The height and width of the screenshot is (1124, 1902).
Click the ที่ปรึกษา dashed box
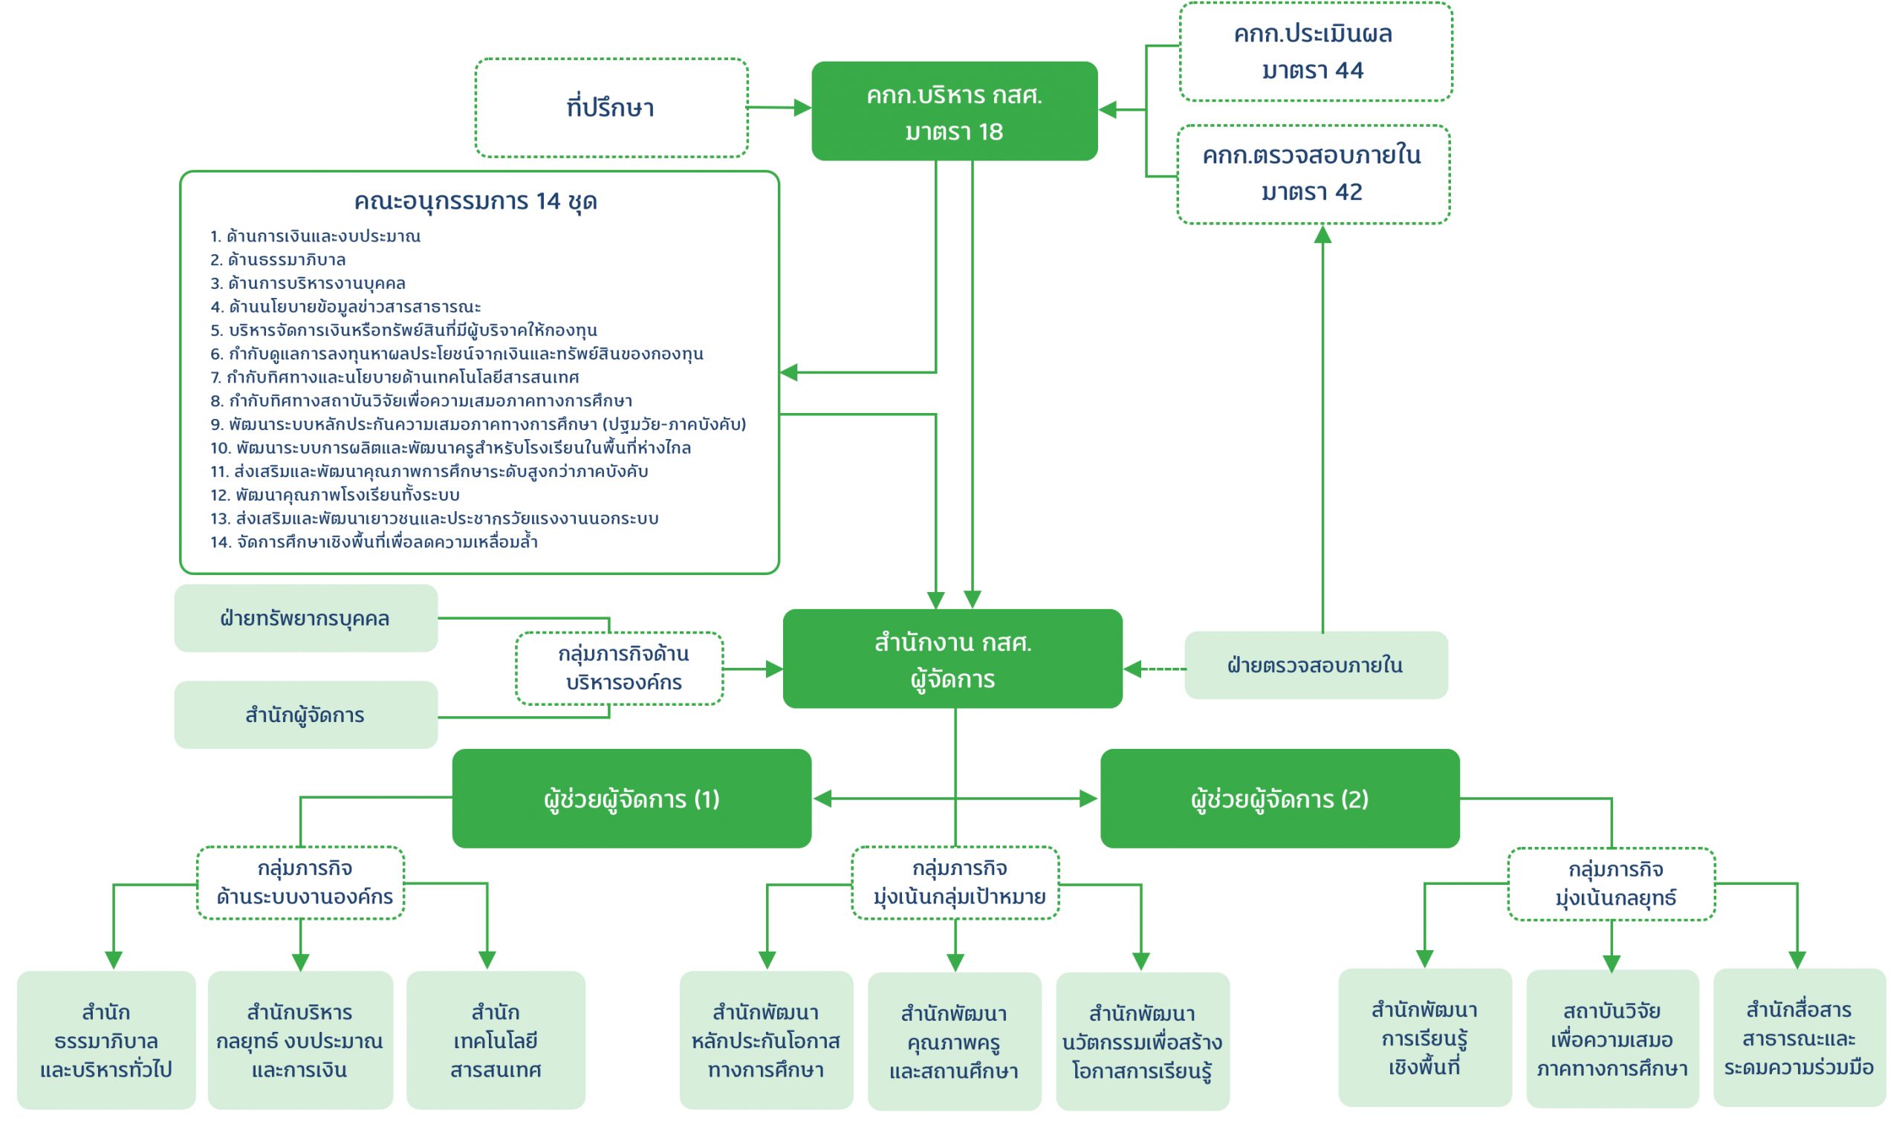coord(611,108)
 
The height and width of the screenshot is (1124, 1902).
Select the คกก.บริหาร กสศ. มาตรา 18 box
coord(954,111)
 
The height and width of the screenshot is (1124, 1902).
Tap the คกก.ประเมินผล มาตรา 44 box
coord(1314,51)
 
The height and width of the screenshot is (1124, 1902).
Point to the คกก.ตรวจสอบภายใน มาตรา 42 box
coord(1313,174)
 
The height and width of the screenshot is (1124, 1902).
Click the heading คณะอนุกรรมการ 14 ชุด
coord(475,201)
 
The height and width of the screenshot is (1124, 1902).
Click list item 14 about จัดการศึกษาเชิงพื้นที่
coord(374,542)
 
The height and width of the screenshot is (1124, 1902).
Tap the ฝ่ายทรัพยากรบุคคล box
coord(305,618)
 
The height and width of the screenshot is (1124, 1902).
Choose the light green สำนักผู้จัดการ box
coord(305,715)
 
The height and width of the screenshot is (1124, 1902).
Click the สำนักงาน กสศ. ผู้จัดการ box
coord(952,659)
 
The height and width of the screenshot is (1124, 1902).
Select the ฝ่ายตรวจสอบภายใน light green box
coord(1315,665)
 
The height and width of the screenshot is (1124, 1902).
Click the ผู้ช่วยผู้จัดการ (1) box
coord(631,799)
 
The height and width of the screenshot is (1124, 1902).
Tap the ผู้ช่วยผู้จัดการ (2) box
coord(1279,799)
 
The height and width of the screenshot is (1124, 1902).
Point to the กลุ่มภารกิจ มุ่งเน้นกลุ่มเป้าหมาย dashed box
coord(955,883)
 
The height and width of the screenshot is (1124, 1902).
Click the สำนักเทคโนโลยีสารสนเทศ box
coord(496,1041)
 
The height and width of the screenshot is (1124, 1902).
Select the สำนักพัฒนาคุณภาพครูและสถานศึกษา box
coord(954,1042)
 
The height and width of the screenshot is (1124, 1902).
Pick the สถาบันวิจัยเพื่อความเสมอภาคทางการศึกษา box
coord(1611,1039)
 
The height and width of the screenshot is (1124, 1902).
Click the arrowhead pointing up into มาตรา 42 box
coord(1322,235)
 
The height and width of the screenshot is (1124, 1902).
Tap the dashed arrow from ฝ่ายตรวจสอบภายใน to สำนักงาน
coord(1156,669)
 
